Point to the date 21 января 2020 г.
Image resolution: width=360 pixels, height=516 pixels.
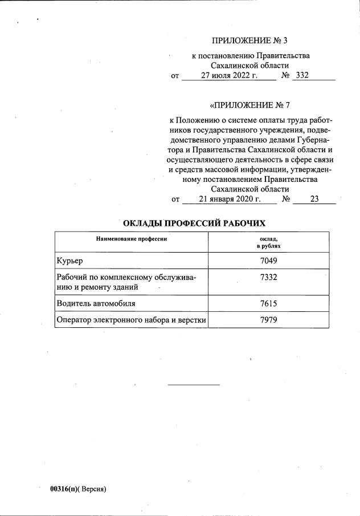[x=229, y=199]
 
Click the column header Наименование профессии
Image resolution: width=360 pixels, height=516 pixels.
[x=132, y=239]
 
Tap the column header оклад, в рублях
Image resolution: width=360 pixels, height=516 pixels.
[x=268, y=242]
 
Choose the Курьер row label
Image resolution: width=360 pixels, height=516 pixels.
[x=70, y=261]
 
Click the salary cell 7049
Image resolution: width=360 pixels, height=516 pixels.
[x=268, y=261]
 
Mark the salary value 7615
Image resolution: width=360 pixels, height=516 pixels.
[x=268, y=303]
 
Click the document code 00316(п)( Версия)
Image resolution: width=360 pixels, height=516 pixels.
[x=78, y=489]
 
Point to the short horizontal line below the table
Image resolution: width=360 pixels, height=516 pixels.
[x=193, y=385]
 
